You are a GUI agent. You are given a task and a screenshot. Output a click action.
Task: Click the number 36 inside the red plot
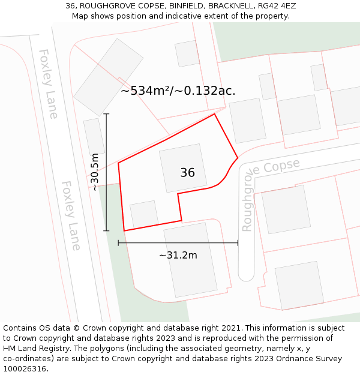[x=187, y=173]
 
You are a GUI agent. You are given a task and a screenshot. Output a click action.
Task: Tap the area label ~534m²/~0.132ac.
[x=178, y=91]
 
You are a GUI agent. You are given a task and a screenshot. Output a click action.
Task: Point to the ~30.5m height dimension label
[x=95, y=172]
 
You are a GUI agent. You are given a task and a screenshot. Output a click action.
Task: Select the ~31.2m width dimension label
[x=178, y=255]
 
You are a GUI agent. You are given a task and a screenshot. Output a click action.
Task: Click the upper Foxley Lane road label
[x=48, y=83]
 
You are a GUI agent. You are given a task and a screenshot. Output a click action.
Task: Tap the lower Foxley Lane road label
[x=71, y=215]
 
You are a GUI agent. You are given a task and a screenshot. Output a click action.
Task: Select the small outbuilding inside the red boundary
[x=144, y=214]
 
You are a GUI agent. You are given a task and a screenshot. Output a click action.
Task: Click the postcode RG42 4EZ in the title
[x=275, y=6]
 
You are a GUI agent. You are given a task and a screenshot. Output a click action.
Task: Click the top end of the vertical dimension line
[x=107, y=114]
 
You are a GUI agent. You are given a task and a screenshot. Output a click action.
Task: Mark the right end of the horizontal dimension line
[x=238, y=243]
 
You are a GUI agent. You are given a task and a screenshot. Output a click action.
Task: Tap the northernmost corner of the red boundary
[x=214, y=114]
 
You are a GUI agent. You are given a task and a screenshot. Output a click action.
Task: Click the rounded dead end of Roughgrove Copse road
[x=246, y=273]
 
